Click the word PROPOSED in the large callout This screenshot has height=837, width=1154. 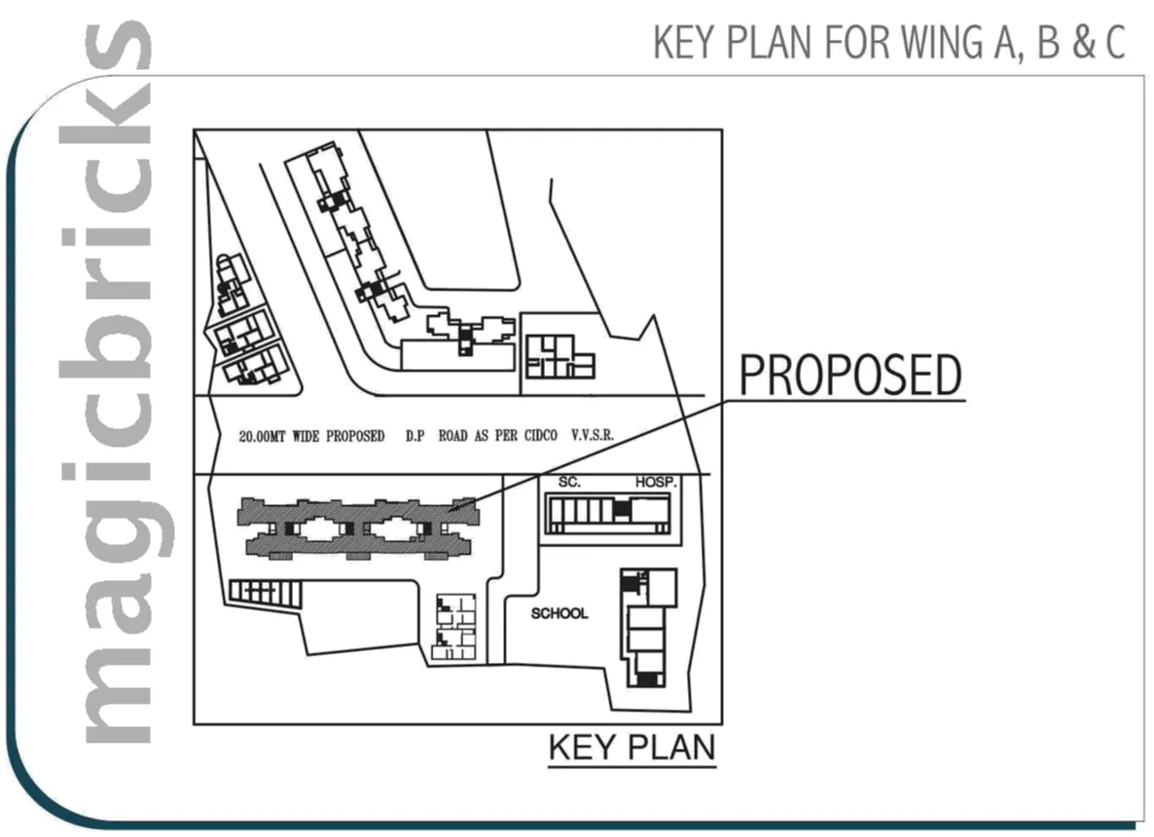(850, 376)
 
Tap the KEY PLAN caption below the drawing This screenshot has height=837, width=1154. (632, 747)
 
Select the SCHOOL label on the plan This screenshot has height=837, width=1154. (559, 613)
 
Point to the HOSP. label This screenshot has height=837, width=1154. (656, 483)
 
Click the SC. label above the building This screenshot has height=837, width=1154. (569, 483)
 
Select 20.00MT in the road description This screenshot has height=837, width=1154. (267, 436)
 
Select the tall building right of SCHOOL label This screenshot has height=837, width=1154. (647, 628)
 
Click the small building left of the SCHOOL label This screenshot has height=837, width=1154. (455, 628)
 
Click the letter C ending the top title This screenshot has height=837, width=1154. (1115, 44)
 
